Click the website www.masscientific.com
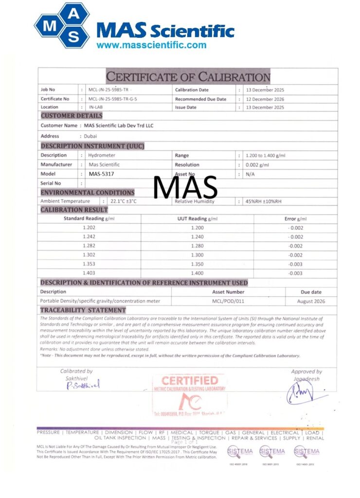point(151,45)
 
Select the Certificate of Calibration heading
point(188,77)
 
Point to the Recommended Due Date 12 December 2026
point(265,99)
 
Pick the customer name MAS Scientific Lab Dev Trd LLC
point(119,125)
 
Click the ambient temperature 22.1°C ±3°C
point(124,201)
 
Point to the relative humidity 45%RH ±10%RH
point(264,201)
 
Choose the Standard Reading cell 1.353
point(89,264)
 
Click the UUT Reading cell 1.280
point(198,246)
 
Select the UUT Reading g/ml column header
point(198,219)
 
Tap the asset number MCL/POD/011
point(228,301)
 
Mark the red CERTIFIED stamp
point(190,381)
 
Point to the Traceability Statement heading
point(83,310)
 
